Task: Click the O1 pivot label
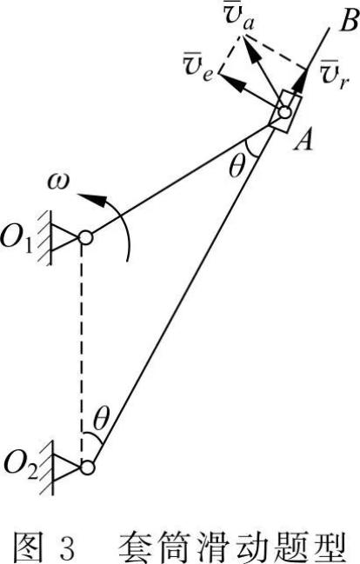[18, 239]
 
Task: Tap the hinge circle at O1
[86, 237]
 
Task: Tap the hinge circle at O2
[87, 468]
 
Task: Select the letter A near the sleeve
[303, 140]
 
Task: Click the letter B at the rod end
[348, 22]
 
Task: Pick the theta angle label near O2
[101, 419]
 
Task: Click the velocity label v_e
[198, 67]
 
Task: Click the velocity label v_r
[334, 76]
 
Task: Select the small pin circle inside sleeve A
[284, 112]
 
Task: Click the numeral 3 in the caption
[65, 547]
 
